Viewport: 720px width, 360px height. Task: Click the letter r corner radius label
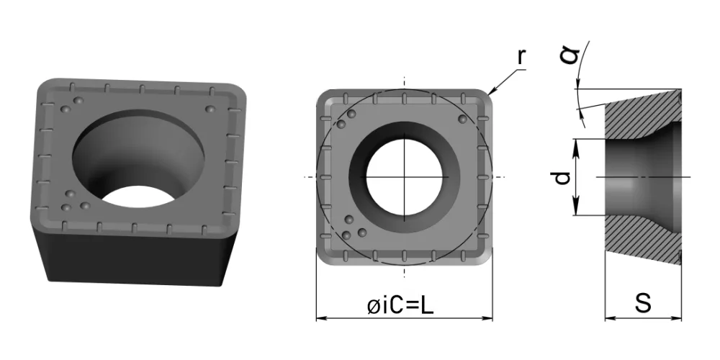521,56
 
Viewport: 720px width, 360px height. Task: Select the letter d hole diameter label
562,177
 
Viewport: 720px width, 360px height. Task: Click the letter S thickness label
643,303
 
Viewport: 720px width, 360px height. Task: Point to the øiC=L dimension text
400,306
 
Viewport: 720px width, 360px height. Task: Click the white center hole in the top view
404,177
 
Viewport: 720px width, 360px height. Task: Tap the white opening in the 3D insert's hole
138,196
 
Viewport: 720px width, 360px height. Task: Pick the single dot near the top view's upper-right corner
462,119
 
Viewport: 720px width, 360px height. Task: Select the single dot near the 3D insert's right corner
210,109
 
